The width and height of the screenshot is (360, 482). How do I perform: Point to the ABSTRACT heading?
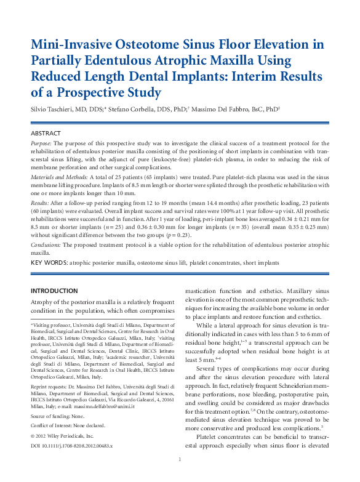point(46,133)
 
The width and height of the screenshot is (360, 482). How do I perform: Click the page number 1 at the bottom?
point(180,476)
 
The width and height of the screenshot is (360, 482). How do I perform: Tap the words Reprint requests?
point(49,387)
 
